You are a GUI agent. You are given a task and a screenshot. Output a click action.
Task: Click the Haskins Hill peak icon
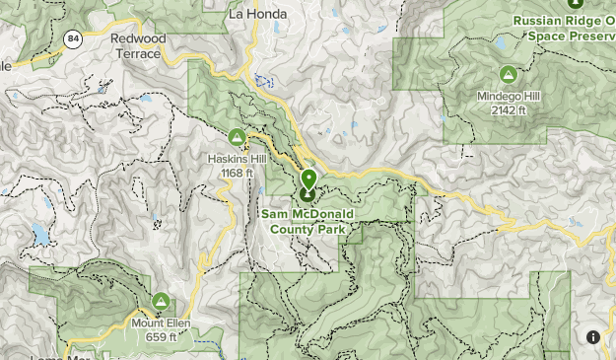[x=236, y=137]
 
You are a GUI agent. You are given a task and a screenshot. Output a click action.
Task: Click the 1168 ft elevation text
[x=237, y=174]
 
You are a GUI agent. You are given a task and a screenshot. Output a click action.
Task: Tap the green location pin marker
[x=308, y=180]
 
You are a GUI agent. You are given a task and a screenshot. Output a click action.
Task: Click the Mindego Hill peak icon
[x=509, y=74]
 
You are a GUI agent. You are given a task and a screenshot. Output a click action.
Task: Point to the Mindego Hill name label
[x=509, y=97]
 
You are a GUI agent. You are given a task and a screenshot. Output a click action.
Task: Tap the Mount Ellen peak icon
[x=160, y=301]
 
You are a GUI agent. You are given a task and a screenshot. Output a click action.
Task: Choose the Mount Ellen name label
[x=161, y=323]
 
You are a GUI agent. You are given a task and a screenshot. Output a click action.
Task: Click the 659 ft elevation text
[x=161, y=336]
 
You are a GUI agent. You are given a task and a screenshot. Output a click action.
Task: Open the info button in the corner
[x=593, y=337]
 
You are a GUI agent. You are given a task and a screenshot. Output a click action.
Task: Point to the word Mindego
[x=497, y=97]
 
